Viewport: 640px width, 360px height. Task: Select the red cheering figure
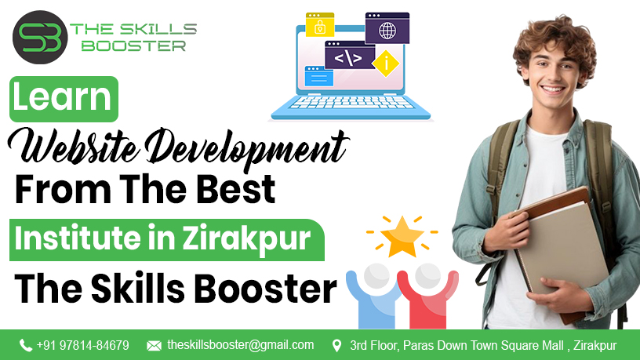(x=427, y=293)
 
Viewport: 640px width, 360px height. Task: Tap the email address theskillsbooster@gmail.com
(x=240, y=345)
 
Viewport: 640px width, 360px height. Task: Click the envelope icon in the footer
(x=154, y=345)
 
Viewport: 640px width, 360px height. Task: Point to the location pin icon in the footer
(x=337, y=345)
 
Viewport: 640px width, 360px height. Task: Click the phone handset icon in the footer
(x=26, y=345)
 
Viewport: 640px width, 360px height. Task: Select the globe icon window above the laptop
(x=387, y=29)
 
